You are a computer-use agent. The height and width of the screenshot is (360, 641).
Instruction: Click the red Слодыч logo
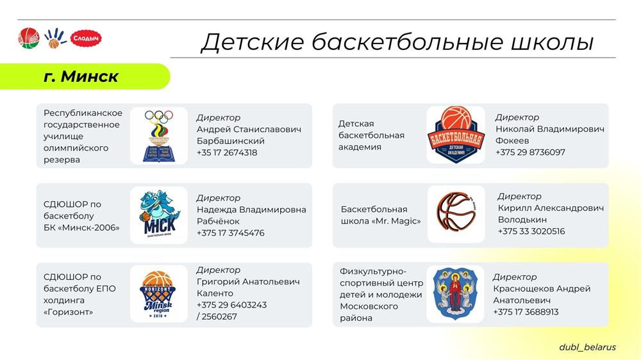pyautogui.click(x=86, y=38)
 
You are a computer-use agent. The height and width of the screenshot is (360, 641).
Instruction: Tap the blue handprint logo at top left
pyautogui.click(x=54, y=38)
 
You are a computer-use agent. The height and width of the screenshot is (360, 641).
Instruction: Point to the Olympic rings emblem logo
pyautogui.click(x=159, y=136)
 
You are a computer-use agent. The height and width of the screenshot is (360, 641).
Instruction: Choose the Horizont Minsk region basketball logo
pyautogui.click(x=158, y=294)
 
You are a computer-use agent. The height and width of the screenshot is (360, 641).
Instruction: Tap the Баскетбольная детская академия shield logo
pyautogui.click(x=456, y=135)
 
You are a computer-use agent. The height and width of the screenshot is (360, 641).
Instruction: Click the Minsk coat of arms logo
pyautogui.click(x=455, y=293)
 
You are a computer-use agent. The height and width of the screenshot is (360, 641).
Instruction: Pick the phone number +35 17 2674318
pyautogui.click(x=227, y=153)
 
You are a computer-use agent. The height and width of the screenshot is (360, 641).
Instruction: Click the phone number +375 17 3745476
pyautogui.click(x=231, y=233)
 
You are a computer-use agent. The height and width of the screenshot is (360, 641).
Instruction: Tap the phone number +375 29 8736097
pyautogui.click(x=530, y=152)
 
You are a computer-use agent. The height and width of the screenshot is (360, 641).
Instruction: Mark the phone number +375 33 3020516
pyautogui.click(x=531, y=231)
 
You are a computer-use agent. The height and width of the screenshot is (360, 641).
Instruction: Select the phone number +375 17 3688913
pyautogui.click(x=526, y=312)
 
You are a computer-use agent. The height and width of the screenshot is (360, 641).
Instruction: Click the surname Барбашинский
pyautogui.click(x=231, y=141)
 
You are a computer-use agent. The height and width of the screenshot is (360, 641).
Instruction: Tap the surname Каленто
pyautogui.click(x=215, y=293)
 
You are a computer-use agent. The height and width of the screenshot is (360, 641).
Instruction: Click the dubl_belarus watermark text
pyautogui.click(x=587, y=347)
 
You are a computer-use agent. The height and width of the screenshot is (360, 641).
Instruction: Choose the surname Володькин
pyautogui.click(x=522, y=220)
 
